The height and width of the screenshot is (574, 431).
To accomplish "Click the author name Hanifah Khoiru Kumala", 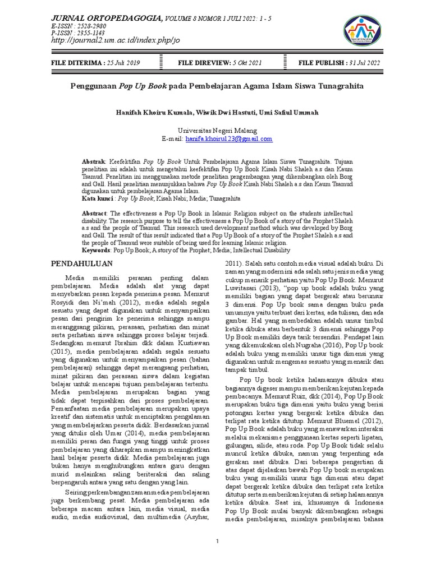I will click(x=148, y=112).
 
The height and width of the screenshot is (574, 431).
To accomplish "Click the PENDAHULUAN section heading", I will click(x=82, y=263).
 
